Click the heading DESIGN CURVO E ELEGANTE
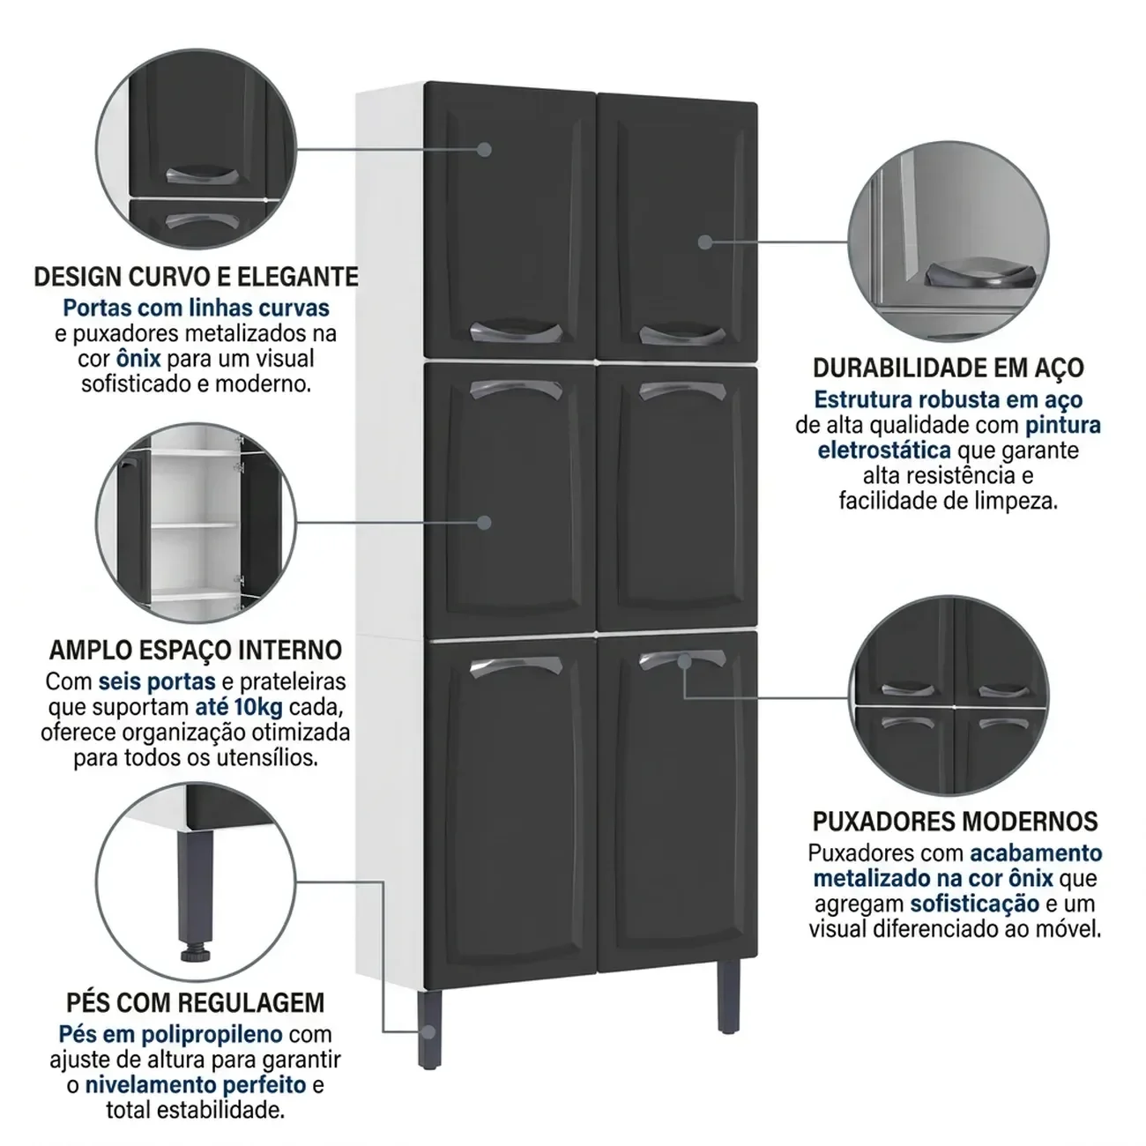coord(197,277)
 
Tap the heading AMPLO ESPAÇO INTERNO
coord(196,650)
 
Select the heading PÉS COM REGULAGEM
coord(195,1002)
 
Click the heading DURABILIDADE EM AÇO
coord(949,368)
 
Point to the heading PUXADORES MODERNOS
coord(955,822)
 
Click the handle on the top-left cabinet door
coord(516,332)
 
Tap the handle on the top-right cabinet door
coord(682,335)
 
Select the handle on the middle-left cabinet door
coord(516,390)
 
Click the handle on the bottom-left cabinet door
coord(516,666)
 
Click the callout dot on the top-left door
coord(485,149)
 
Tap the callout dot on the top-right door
coord(704,242)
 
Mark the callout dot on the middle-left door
coord(485,523)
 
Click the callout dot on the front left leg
coord(428,1031)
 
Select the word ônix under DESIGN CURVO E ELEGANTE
coord(138,359)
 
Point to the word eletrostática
coord(884,450)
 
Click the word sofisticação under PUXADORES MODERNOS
coord(975,904)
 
